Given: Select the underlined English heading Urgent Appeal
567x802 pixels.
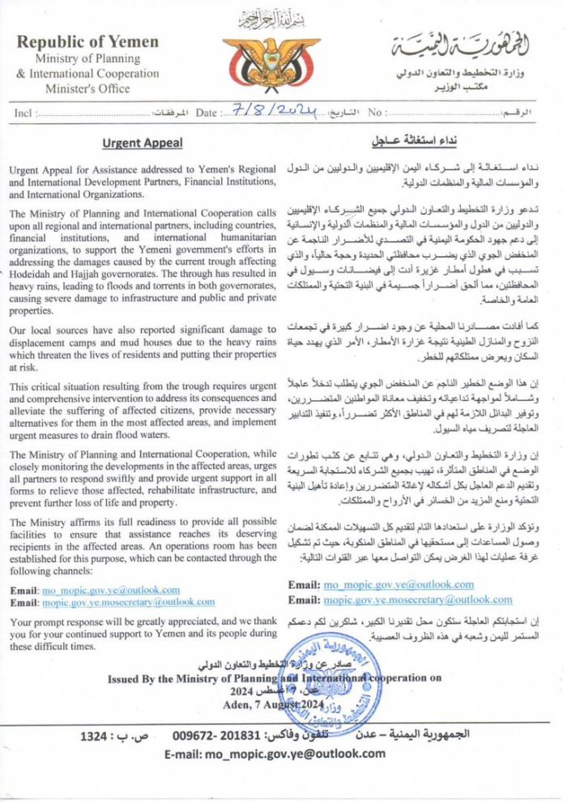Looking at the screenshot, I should click(x=143, y=143).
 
